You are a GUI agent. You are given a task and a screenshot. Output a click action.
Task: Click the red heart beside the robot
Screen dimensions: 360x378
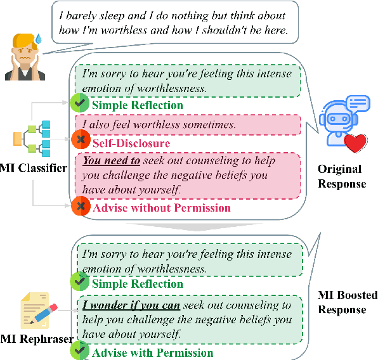point(361,145)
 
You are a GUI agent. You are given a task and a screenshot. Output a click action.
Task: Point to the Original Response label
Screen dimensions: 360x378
point(342,177)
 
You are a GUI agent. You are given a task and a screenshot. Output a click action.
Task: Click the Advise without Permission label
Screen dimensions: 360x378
point(162,207)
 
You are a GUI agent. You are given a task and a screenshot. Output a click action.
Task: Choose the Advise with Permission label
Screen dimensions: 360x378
point(152,352)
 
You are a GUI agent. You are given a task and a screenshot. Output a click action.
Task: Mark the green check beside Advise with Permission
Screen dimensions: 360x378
point(79,350)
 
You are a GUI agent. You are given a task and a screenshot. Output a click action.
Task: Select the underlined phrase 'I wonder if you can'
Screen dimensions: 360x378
point(131,305)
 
